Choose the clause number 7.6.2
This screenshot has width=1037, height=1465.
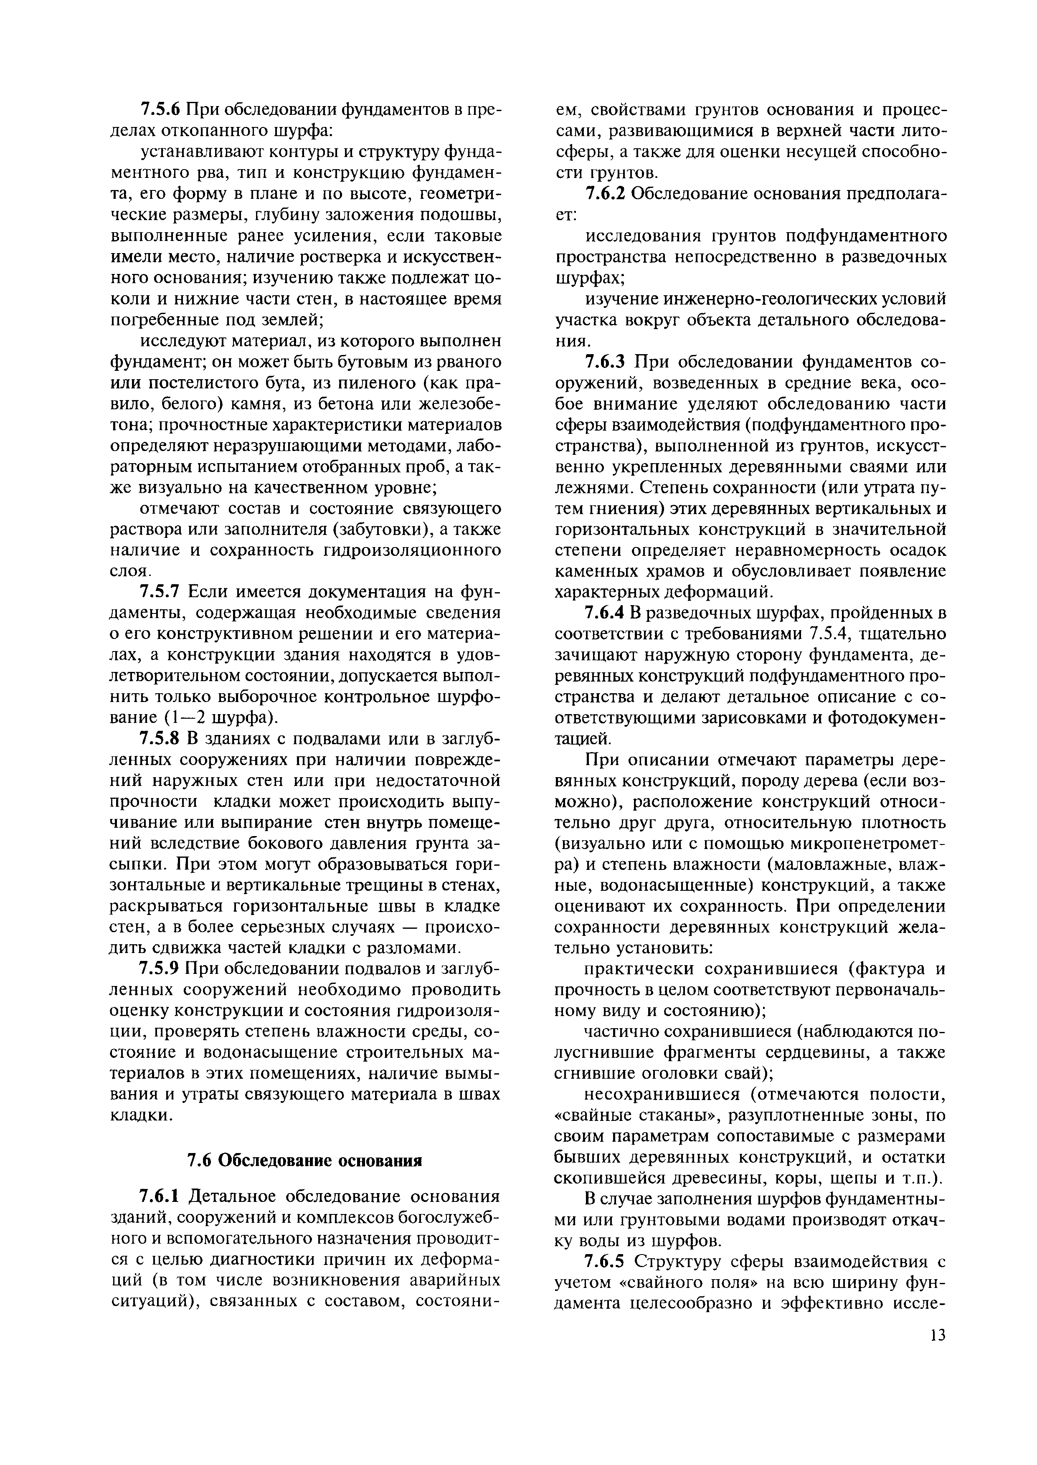coord(606,194)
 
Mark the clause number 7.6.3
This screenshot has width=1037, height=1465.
coord(606,362)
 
